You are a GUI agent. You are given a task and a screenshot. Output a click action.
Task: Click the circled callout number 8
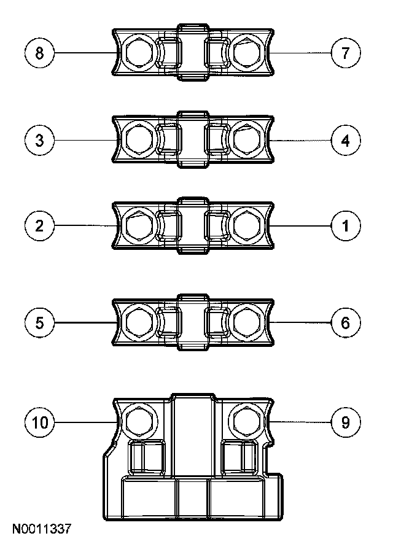pos(40,53)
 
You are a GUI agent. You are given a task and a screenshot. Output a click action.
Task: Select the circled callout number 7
pos(346,53)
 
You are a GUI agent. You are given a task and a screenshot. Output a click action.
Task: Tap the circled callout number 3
pos(40,141)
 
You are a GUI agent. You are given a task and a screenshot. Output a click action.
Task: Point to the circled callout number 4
pos(346,141)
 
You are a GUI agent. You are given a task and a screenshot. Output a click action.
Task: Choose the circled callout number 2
pos(40,226)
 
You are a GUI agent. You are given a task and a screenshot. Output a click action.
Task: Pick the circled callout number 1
pos(346,226)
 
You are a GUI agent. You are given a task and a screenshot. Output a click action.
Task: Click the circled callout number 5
pos(40,323)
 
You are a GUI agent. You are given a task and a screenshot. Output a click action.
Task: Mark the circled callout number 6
pos(346,323)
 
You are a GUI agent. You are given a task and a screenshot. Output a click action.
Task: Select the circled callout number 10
pos(40,422)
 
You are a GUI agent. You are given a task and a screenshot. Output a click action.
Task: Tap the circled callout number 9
pos(346,422)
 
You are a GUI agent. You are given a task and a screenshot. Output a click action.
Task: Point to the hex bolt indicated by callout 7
pos(247,53)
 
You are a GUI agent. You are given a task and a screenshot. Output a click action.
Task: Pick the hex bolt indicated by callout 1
pos(247,226)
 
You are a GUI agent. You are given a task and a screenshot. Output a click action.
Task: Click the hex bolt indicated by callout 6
pos(247,323)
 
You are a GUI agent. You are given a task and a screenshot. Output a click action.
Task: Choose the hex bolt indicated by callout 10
pos(139,421)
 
